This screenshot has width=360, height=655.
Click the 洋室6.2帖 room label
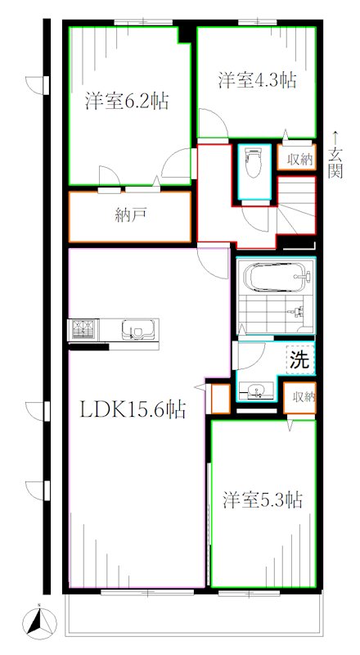(128, 102)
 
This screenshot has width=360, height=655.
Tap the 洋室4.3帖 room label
(256, 80)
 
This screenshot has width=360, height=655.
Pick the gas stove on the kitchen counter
(83, 330)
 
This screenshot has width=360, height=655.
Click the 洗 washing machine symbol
(299, 359)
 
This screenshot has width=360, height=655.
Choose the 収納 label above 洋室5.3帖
(302, 397)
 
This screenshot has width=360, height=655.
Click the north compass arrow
(38, 621)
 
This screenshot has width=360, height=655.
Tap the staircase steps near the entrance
(298, 205)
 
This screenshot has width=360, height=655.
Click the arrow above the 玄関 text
(336, 136)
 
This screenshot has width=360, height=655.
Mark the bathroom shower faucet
(299, 311)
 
